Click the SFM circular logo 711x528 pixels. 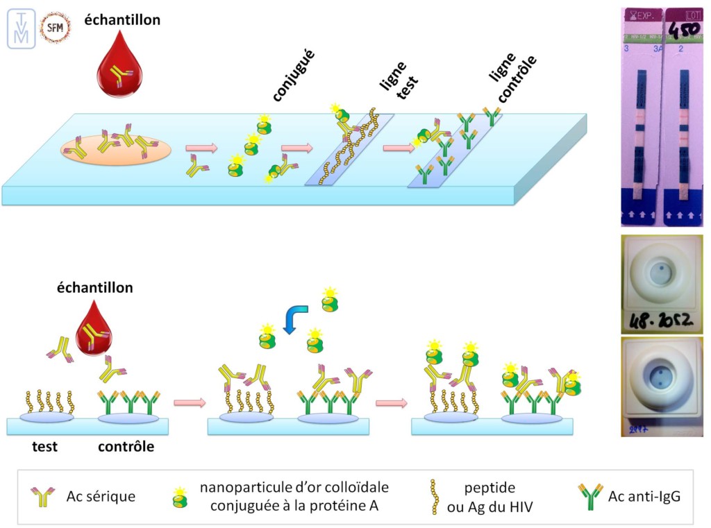(56, 28)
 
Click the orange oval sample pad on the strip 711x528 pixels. (115, 148)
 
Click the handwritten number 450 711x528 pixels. (684, 33)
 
